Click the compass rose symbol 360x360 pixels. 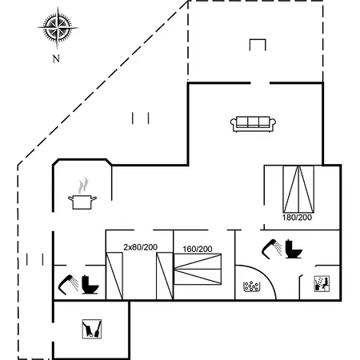pyautogui.click(x=58, y=27)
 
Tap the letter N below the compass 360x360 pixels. pyautogui.click(x=56, y=58)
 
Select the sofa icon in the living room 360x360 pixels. pyautogui.click(x=253, y=124)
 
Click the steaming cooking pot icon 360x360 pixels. pyautogui.click(x=82, y=194)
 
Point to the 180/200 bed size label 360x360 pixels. pyautogui.click(x=297, y=218)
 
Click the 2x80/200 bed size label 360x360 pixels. pyautogui.click(x=140, y=247)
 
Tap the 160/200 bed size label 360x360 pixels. pyautogui.click(x=198, y=249)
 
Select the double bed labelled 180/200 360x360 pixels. pyautogui.click(x=298, y=189)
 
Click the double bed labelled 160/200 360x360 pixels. pyautogui.click(x=198, y=269)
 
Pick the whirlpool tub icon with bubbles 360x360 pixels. pyautogui.click(x=251, y=286)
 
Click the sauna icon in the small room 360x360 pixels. pyautogui.click(x=322, y=284)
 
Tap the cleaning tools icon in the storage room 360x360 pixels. pyautogui.click(x=92, y=329)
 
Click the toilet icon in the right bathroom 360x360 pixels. pyautogui.click(x=294, y=249)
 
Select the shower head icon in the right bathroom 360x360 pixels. pyautogui.click(x=271, y=249)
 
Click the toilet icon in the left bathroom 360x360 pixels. pyautogui.click(x=90, y=285)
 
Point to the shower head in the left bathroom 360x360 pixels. pyautogui.click(x=68, y=285)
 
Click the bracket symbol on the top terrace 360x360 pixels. pyautogui.click(x=258, y=45)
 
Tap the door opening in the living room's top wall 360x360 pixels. pyautogui.click(x=260, y=83)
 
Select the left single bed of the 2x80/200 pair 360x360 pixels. pyautogui.click(x=114, y=276)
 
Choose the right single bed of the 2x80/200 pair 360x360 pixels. pyautogui.click(x=165, y=276)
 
